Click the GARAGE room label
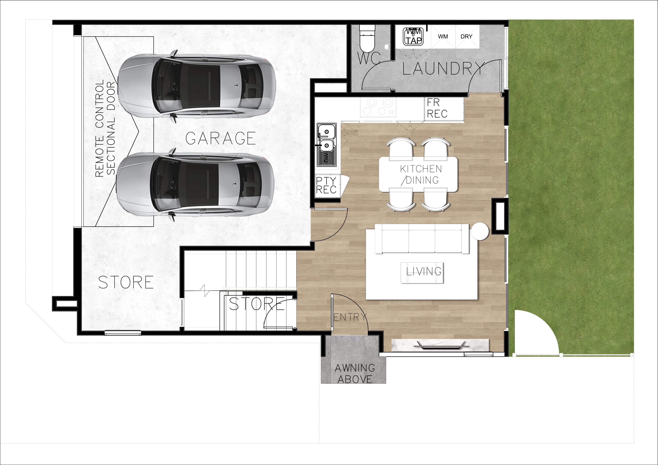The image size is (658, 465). (220, 138)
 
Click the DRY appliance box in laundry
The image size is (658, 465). (467, 37)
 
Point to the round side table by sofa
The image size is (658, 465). (480, 231)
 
